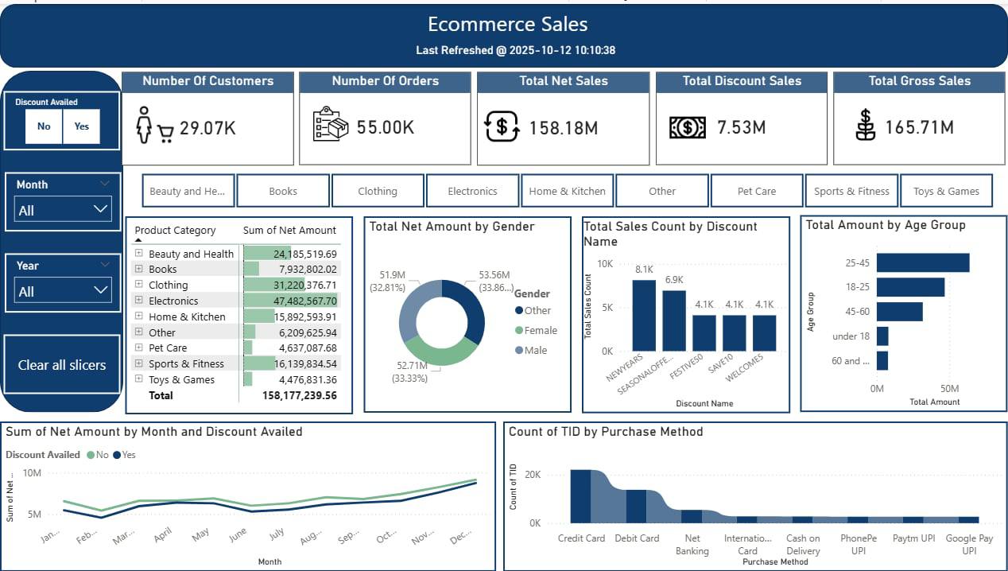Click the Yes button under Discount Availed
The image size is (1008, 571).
(81, 126)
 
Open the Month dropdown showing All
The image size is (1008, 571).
(63, 210)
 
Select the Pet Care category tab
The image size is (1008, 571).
(756, 191)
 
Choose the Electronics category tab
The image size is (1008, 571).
(472, 191)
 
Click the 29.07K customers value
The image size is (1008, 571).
(207, 127)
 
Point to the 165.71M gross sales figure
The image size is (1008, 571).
(919, 127)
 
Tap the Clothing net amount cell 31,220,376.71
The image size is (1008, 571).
(294, 285)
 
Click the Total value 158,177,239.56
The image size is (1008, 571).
(299, 395)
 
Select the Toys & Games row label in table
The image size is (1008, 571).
(181, 379)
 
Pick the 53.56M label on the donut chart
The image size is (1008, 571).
(494, 275)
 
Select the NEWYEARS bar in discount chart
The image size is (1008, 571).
(644, 315)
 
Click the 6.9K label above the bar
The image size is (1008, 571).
(674, 280)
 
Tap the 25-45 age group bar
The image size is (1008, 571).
(923, 263)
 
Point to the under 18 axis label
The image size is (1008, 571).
(851, 336)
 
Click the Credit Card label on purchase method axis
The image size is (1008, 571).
(581, 538)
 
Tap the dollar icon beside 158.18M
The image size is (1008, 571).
(502, 126)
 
